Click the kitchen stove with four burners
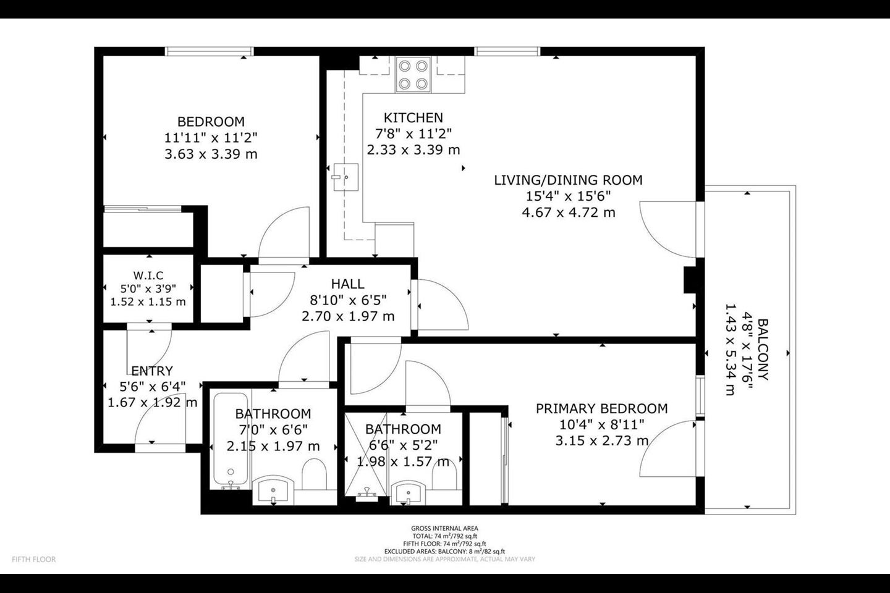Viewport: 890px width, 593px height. point(413,75)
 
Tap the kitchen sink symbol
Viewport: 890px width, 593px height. point(345,177)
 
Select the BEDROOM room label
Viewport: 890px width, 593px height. point(211,122)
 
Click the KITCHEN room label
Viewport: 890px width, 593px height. point(413,117)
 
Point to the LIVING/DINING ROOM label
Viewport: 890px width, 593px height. point(568,180)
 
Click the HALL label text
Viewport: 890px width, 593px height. point(347,284)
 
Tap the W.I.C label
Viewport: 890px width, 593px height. point(148,275)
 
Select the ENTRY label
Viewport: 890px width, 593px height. point(152,371)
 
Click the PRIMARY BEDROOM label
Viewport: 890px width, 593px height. point(601,408)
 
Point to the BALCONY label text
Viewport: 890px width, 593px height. point(763,349)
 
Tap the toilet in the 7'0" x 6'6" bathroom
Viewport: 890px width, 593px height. point(314,474)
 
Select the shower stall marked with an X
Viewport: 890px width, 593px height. point(365,455)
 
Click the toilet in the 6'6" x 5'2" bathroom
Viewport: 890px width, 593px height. point(444,474)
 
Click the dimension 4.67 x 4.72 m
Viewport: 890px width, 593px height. point(568,212)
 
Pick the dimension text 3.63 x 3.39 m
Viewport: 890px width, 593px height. point(211,154)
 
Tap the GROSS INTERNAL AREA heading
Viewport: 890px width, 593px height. point(444,528)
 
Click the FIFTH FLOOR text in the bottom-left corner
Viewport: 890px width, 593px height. point(34,559)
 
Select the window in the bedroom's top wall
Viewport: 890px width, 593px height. point(210,51)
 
